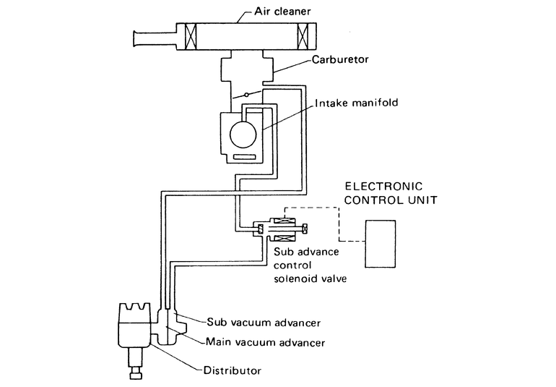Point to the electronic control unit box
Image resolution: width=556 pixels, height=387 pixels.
click(x=381, y=243)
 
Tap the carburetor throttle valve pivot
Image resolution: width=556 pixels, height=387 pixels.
click(x=247, y=94)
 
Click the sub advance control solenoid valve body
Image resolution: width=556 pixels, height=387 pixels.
click(x=283, y=230)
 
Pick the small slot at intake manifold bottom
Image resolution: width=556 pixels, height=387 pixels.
click(x=244, y=156)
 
